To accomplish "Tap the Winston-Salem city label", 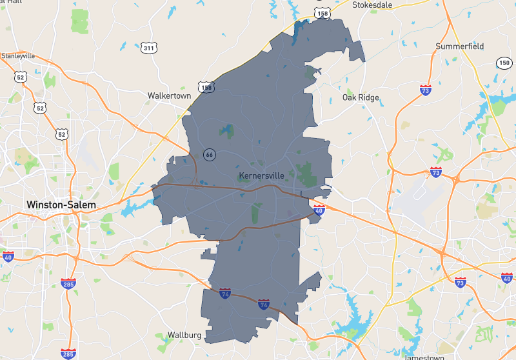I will (61, 205).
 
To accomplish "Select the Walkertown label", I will (169, 95).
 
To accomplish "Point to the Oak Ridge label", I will (361, 98).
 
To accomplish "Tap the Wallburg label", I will (184, 335).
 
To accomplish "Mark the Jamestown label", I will (424, 357).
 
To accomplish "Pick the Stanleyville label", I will (18, 55).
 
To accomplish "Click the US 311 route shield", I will (149, 48).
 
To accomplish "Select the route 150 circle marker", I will (504, 63).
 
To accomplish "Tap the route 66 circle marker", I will (209, 155).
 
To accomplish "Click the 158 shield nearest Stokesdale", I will (321, 12).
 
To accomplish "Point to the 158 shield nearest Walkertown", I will (206, 87).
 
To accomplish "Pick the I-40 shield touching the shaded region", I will (319, 210).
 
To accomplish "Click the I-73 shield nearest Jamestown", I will (460, 283).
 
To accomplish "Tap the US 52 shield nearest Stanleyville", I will (21, 77).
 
